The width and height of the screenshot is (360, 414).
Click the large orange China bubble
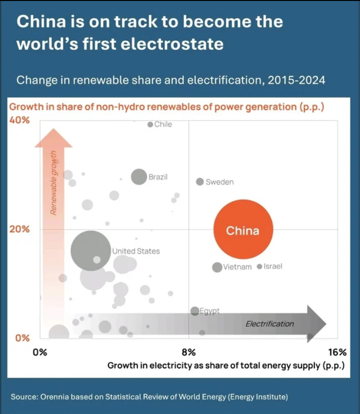[x=243, y=230]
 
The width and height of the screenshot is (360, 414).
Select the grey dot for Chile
[x=150, y=124]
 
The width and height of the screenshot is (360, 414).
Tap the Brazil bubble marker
[x=139, y=177]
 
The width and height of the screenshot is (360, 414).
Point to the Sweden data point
[x=200, y=182]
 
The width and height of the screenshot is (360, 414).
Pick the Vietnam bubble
[x=217, y=267]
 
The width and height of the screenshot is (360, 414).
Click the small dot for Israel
[x=260, y=266]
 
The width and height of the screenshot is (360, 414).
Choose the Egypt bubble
[x=194, y=311]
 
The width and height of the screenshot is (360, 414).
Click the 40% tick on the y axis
[x=20, y=120]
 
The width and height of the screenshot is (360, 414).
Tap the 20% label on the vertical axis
[x=20, y=229]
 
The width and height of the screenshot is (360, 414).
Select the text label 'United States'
[x=136, y=251]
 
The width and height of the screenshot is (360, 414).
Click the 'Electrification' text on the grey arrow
[x=270, y=324]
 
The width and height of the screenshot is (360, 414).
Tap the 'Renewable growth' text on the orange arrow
[x=54, y=183]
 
